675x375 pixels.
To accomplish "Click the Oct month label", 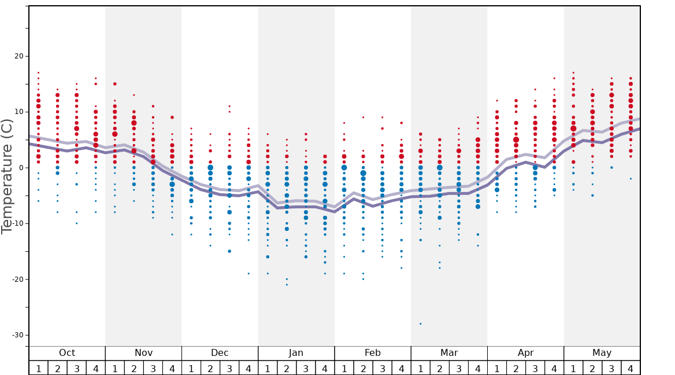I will [x=67, y=353].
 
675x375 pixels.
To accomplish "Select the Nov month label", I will [x=143, y=353].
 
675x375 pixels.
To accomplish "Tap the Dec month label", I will [x=220, y=353].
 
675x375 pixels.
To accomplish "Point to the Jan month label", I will [x=296, y=353].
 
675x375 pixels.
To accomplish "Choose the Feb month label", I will [x=373, y=353].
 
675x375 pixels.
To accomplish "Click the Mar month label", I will [x=449, y=353].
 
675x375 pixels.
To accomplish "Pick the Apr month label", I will [x=525, y=353].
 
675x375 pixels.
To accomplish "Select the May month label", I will [x=602, y=353].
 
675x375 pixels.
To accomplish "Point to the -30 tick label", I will [x=17, y=335].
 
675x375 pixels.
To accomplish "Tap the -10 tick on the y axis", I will [x=17, y=223].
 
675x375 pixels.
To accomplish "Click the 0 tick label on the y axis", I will [x=21, y=168].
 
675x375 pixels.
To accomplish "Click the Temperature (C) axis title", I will [x=7, y=176].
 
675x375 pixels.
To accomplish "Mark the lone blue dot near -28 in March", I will [x=420, y=323].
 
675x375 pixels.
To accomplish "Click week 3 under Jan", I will [x=306, y=368].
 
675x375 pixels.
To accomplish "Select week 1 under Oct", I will [x=38, y=368].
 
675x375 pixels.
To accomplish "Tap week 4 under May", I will [x=631, y=368].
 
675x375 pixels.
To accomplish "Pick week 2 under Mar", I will [x=439, y=368].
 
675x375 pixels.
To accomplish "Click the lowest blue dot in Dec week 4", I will [x=249, y=273].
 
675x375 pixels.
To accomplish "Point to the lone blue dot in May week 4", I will [x=631, y=179].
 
